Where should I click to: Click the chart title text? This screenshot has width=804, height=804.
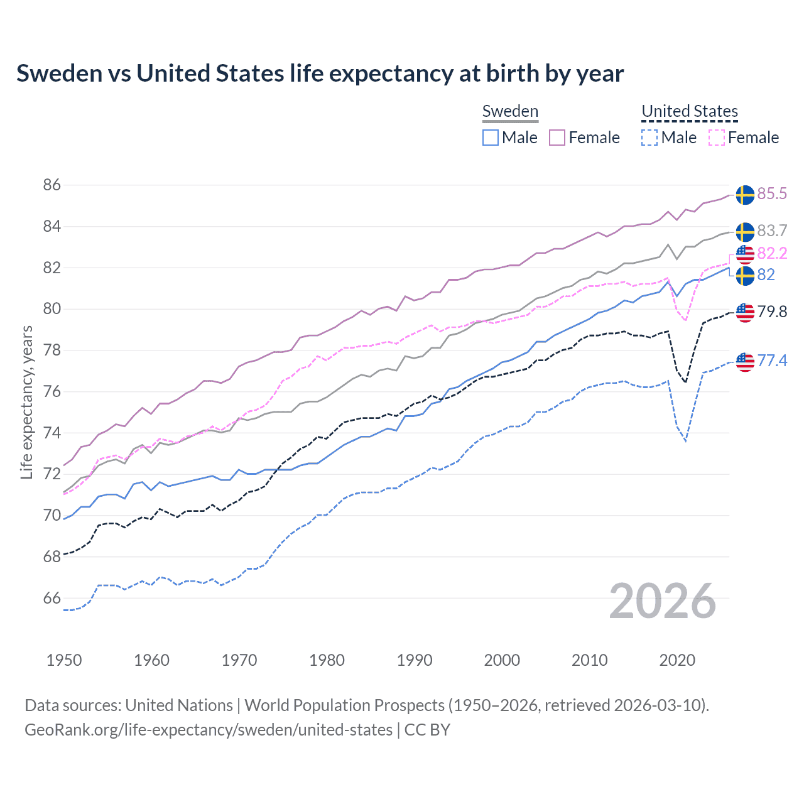[320, 73]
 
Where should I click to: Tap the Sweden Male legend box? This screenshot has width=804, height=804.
[491, 138]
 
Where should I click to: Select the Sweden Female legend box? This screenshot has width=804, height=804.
[557, 138]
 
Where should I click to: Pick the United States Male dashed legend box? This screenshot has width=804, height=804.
[649, 138]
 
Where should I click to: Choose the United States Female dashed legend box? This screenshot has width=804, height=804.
[717, 138]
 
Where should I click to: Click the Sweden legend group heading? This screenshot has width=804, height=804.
[510, 112]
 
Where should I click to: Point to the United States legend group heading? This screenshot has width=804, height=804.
[689, 112]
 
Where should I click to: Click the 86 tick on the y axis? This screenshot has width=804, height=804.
[52, 185]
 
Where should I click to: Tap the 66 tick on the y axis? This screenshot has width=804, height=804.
[52, 599]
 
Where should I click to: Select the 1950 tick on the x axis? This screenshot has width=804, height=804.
[64, 660]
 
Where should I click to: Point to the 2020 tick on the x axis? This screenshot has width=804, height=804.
[677, 660]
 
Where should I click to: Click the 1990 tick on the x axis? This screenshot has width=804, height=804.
[415, 660]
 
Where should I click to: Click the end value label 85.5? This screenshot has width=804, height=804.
[772, 194]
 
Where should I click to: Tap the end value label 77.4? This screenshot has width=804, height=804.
[772, 361]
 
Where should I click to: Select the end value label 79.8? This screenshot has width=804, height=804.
[772, 312]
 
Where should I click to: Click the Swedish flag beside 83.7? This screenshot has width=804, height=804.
[745, 232]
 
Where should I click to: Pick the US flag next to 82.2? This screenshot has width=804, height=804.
[745, 254]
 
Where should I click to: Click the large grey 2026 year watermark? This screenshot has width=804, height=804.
[663, 602]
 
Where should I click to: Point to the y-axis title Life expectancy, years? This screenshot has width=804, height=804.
[26, 402]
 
